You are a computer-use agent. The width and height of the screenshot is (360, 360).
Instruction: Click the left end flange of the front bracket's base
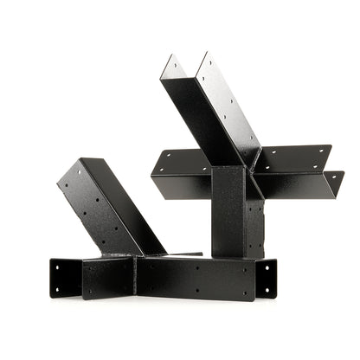pyautogui.click(x=66, y=276)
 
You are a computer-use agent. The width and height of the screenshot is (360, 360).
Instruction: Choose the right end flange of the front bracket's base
pyautogui.click(x=267, y=279)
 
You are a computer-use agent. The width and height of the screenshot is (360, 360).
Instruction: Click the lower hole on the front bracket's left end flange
pyautogui.click(x=58, y=286)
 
